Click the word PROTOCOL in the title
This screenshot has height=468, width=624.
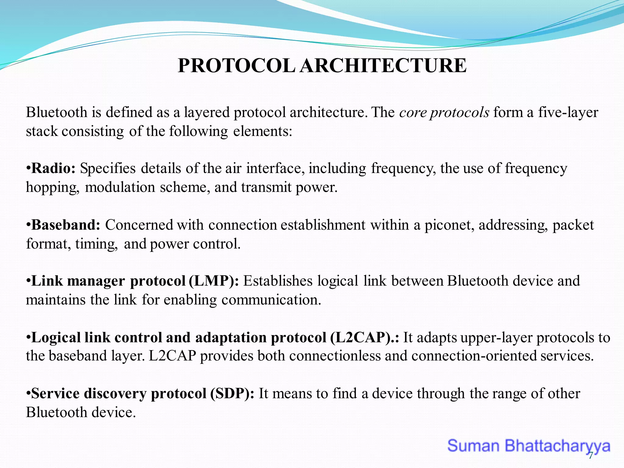click(x=236, y=66)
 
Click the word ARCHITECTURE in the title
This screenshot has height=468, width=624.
click(x=383, y=66)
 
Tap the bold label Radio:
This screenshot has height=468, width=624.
click(x=53, y=168)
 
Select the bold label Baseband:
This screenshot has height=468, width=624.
click(x=66, y=225)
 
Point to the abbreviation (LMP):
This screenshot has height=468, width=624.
click(x=214, y=281)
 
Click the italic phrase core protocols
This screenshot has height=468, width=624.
click(x=444, y=112)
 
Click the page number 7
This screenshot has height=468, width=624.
click(x=590, y=456)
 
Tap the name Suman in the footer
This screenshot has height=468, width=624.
click(x=473, y=446)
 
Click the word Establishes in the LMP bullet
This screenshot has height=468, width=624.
click(x=278, y=281)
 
